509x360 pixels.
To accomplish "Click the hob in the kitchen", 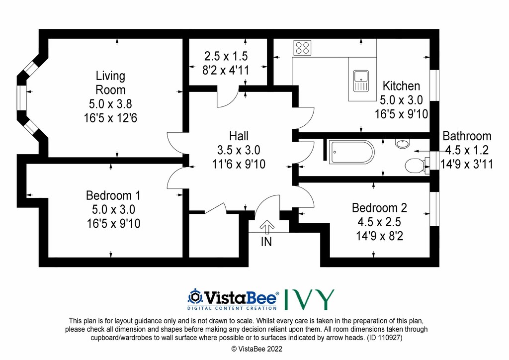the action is pyautogui.click(x=302, y=48).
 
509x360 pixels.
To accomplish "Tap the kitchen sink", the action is pyautogui.click(x=361, y=81).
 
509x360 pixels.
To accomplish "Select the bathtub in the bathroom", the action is pyautogui.click(x=351, y=152).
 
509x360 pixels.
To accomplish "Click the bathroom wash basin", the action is pyautogui.click(x=403, y=143).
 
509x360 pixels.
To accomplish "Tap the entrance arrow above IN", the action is pyautogui.click(x=267, y=227).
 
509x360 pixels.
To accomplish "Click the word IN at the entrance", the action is pyautogui.click(x=266, y=242).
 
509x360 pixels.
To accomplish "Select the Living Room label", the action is pyautogui.click(x=110, y=83).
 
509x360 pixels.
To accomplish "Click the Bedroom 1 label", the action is pyautogui.click(x=113, y=195).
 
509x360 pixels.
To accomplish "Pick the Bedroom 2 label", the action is pyautogui.click(x=379, y=208).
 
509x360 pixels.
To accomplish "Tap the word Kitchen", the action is pyautogui.click(x=401, y=86).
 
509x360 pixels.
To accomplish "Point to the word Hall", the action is pyautogui.click(x=239, y=136).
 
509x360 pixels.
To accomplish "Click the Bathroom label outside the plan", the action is pyautogui.click(x=467, y=136).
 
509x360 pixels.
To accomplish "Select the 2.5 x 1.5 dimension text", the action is pyautogui.click(x=226, y=56).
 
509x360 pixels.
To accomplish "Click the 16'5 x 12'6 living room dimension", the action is pyautogui.click(x=110, y=118).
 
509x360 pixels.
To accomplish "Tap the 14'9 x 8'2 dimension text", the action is pyautogui.click(x=379, y=236).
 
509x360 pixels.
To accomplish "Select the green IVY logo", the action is pyautogui.click(x=309, y=299).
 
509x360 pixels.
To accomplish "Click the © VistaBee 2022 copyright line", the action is pyautogui.click(x=257, y=349).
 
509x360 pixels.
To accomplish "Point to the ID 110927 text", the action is pyautogui.click(x=385, y=338).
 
